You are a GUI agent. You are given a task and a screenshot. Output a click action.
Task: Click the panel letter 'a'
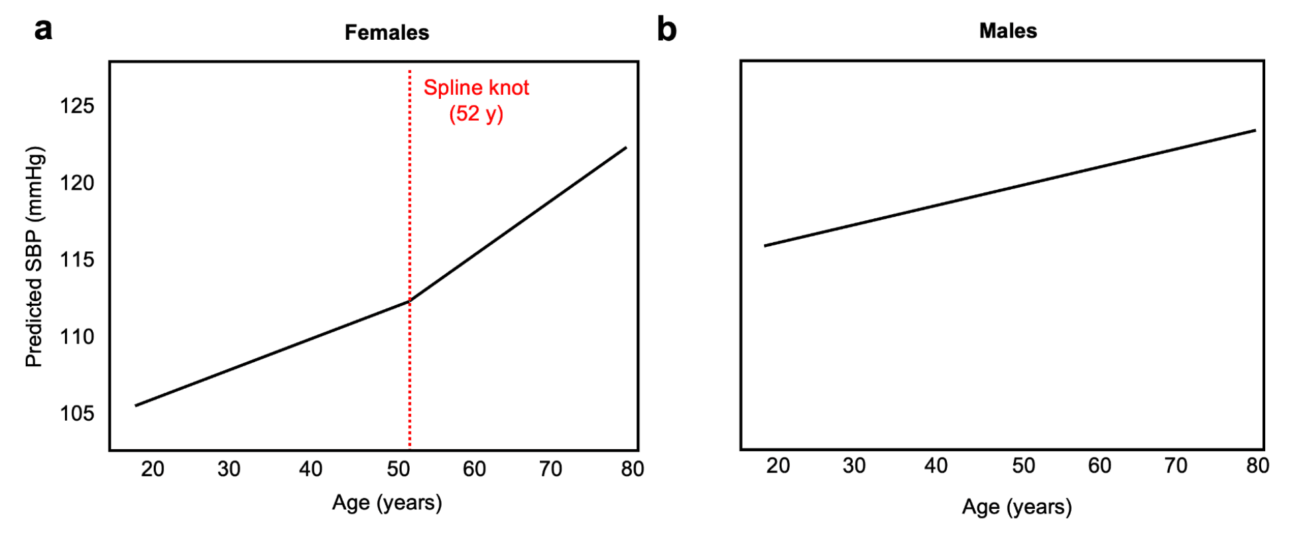[x=43, y=30]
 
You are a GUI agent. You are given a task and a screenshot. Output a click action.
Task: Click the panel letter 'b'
[x=666, y=30]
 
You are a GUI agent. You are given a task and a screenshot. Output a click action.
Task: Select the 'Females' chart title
[x=387, y=33]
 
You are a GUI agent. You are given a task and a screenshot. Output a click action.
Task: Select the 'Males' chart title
[x=1008, y=31]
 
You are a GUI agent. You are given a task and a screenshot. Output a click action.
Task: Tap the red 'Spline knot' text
[x=476, y=88]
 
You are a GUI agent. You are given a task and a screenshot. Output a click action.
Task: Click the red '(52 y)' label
[x=476, y=113]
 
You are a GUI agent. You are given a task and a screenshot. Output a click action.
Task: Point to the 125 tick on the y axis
[x=77, y=105]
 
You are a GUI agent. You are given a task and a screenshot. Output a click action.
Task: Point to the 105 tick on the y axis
[x=77, y=413]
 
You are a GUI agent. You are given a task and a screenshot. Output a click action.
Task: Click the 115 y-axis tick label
[x=77, y=259]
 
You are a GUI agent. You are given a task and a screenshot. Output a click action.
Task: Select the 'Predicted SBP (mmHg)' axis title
[x=34, y=257]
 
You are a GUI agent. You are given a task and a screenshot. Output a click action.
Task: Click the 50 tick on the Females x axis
[x=399, y=469]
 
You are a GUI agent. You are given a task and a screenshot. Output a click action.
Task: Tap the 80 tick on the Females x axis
[x=632, y=469]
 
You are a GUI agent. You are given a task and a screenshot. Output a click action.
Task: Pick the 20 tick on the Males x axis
[x=778, y=466]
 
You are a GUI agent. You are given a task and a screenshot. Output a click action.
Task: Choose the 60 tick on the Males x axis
[x=1099, y=466]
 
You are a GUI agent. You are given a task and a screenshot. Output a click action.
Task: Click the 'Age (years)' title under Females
[x=387, y=503]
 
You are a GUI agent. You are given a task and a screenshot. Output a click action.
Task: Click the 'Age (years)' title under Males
[x=1017, y=507]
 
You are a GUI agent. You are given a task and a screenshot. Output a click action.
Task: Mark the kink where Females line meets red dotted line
[x=410, y=301]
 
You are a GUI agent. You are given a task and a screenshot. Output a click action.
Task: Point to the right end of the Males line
[x=1255, y=130]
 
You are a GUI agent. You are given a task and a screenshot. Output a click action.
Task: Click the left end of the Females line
[x=136, y=405]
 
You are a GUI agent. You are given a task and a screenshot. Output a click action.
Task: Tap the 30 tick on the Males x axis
[x=854, y=466]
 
